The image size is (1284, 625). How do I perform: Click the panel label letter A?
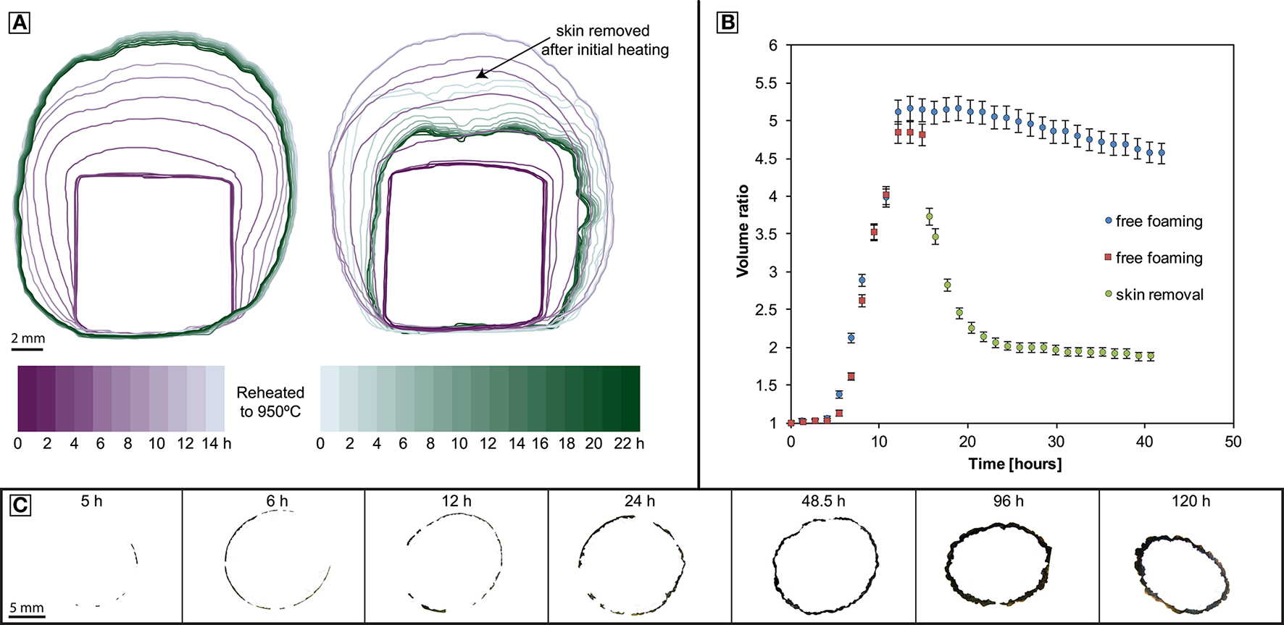point(20,24)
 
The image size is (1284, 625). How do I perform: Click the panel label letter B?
point(726,23)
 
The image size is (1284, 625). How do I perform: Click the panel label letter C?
point(20,505)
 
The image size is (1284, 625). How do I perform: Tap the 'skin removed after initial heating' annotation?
point(604,41)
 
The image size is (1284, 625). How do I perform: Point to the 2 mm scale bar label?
point(28,338)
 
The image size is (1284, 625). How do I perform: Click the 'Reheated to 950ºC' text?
point(270,402)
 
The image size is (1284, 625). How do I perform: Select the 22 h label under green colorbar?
point(628,443)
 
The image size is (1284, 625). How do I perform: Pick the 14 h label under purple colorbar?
point(216,443)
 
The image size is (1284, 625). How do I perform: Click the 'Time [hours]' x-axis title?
point(1014,463)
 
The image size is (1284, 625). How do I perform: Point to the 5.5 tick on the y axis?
point(766,83)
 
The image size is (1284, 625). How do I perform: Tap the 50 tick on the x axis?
point(1233,442)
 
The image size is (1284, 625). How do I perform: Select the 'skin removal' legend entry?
point(1159,295)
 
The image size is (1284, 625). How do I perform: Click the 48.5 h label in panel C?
point(823,501)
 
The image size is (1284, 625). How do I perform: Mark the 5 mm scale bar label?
point(27,608)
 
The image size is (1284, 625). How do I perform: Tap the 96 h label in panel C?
point(1007,501)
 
